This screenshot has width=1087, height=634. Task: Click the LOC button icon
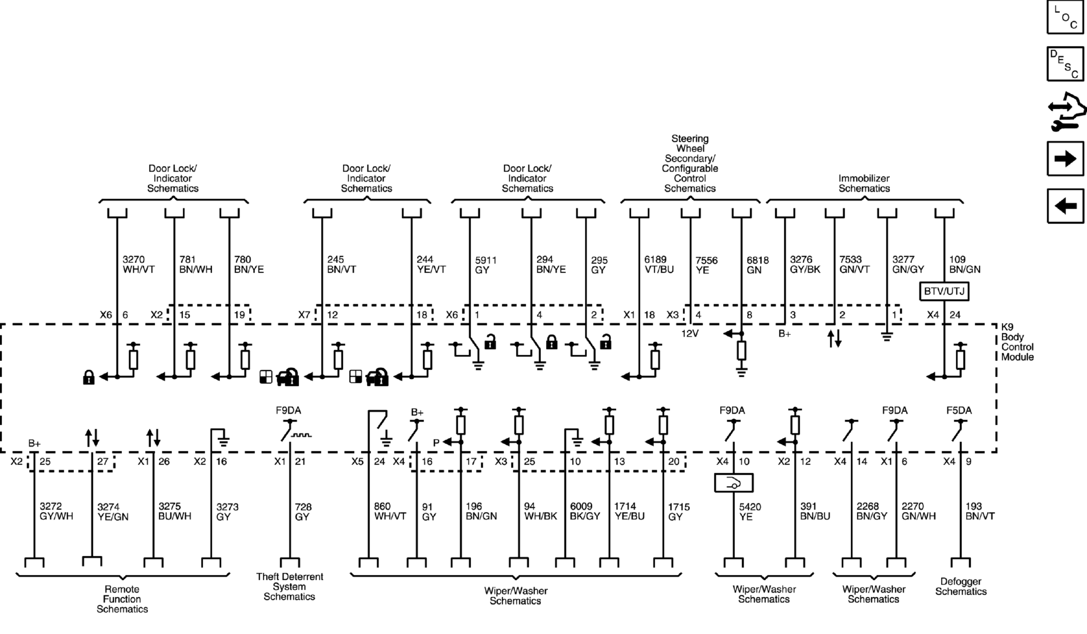[1065, 17]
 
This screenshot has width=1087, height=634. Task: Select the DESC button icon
[1065, 64]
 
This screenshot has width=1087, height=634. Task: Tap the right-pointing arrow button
[1065, 159]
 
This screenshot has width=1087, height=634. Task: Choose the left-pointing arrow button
[1065, 206]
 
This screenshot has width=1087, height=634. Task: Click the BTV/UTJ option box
[944, 291]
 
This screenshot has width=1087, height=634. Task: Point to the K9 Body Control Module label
[1017, 342]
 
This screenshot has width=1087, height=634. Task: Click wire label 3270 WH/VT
[138, 264]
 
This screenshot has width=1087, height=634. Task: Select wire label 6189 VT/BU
[659, 264]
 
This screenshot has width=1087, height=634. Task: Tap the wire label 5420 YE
[750, 511]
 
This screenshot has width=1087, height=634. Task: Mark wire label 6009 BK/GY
[585, 511]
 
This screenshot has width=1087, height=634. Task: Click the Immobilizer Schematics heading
[864, 183]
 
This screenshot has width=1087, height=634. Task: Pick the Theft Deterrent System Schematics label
[289, 587]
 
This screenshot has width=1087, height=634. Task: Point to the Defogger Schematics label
[961, 587]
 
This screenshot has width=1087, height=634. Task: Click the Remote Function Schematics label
[122, 599]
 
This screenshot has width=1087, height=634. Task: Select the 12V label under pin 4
[690, 334]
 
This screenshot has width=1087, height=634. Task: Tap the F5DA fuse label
[959, 410]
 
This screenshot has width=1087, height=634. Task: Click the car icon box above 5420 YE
[734, 483]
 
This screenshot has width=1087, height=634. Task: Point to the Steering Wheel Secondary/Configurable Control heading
[690, 163]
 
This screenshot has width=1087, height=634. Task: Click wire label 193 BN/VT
[980, 511]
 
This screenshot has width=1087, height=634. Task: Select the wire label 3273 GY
[227, 511]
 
